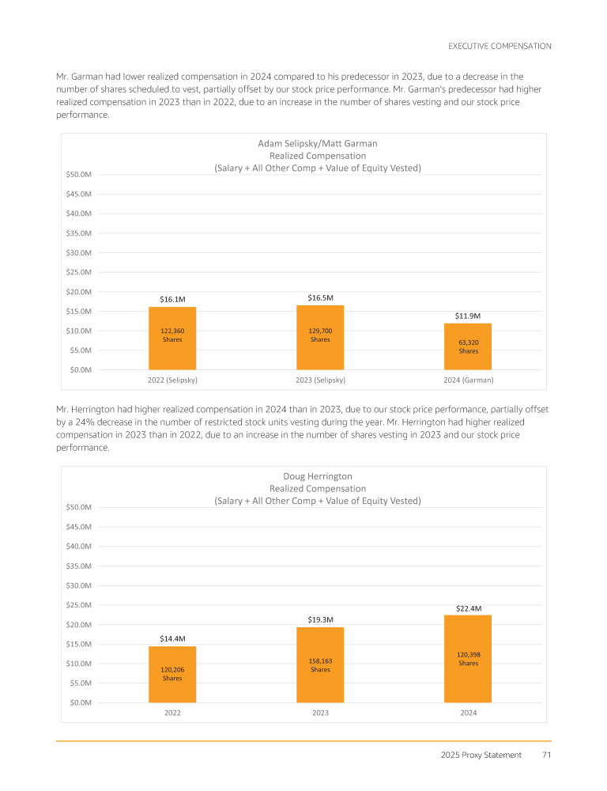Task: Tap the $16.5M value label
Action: pos(320,297)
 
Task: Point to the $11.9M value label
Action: pos(468,316)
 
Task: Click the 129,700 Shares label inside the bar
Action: pos(320,335)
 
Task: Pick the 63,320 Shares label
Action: pos(468,346)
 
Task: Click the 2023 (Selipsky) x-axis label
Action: pos(320,380)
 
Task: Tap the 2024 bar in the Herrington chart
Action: pos(468,680)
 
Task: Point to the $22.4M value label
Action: pos(468,608)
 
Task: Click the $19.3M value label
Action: pos(320,619)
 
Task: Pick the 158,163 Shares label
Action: pos(320,664)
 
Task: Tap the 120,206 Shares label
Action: pos(172,673)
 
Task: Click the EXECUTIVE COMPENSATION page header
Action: pos(500,46)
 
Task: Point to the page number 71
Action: pos(546,755)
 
